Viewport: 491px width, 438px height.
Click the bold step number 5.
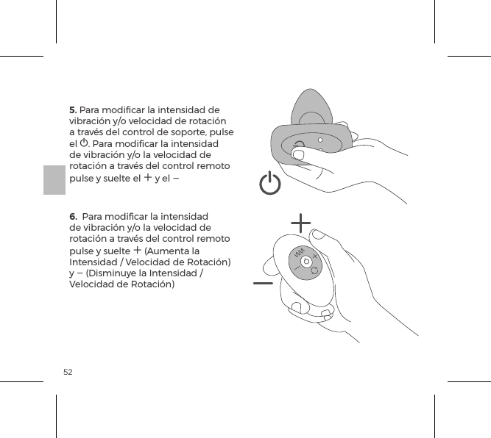click(73, 110)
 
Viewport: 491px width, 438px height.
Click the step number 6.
click(73, 217)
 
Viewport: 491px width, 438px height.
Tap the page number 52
click(68, 372)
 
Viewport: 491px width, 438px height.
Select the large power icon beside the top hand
click(270, 184)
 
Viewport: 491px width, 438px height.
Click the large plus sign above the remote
click(300, 222)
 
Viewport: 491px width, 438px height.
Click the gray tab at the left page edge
click(54, 180)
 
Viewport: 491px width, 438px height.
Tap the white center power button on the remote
click(305, 261)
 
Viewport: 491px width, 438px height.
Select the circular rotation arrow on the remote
click(314, 271)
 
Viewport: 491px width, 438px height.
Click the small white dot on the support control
click(319, 138)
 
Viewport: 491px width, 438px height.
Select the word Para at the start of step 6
click(92, 217)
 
